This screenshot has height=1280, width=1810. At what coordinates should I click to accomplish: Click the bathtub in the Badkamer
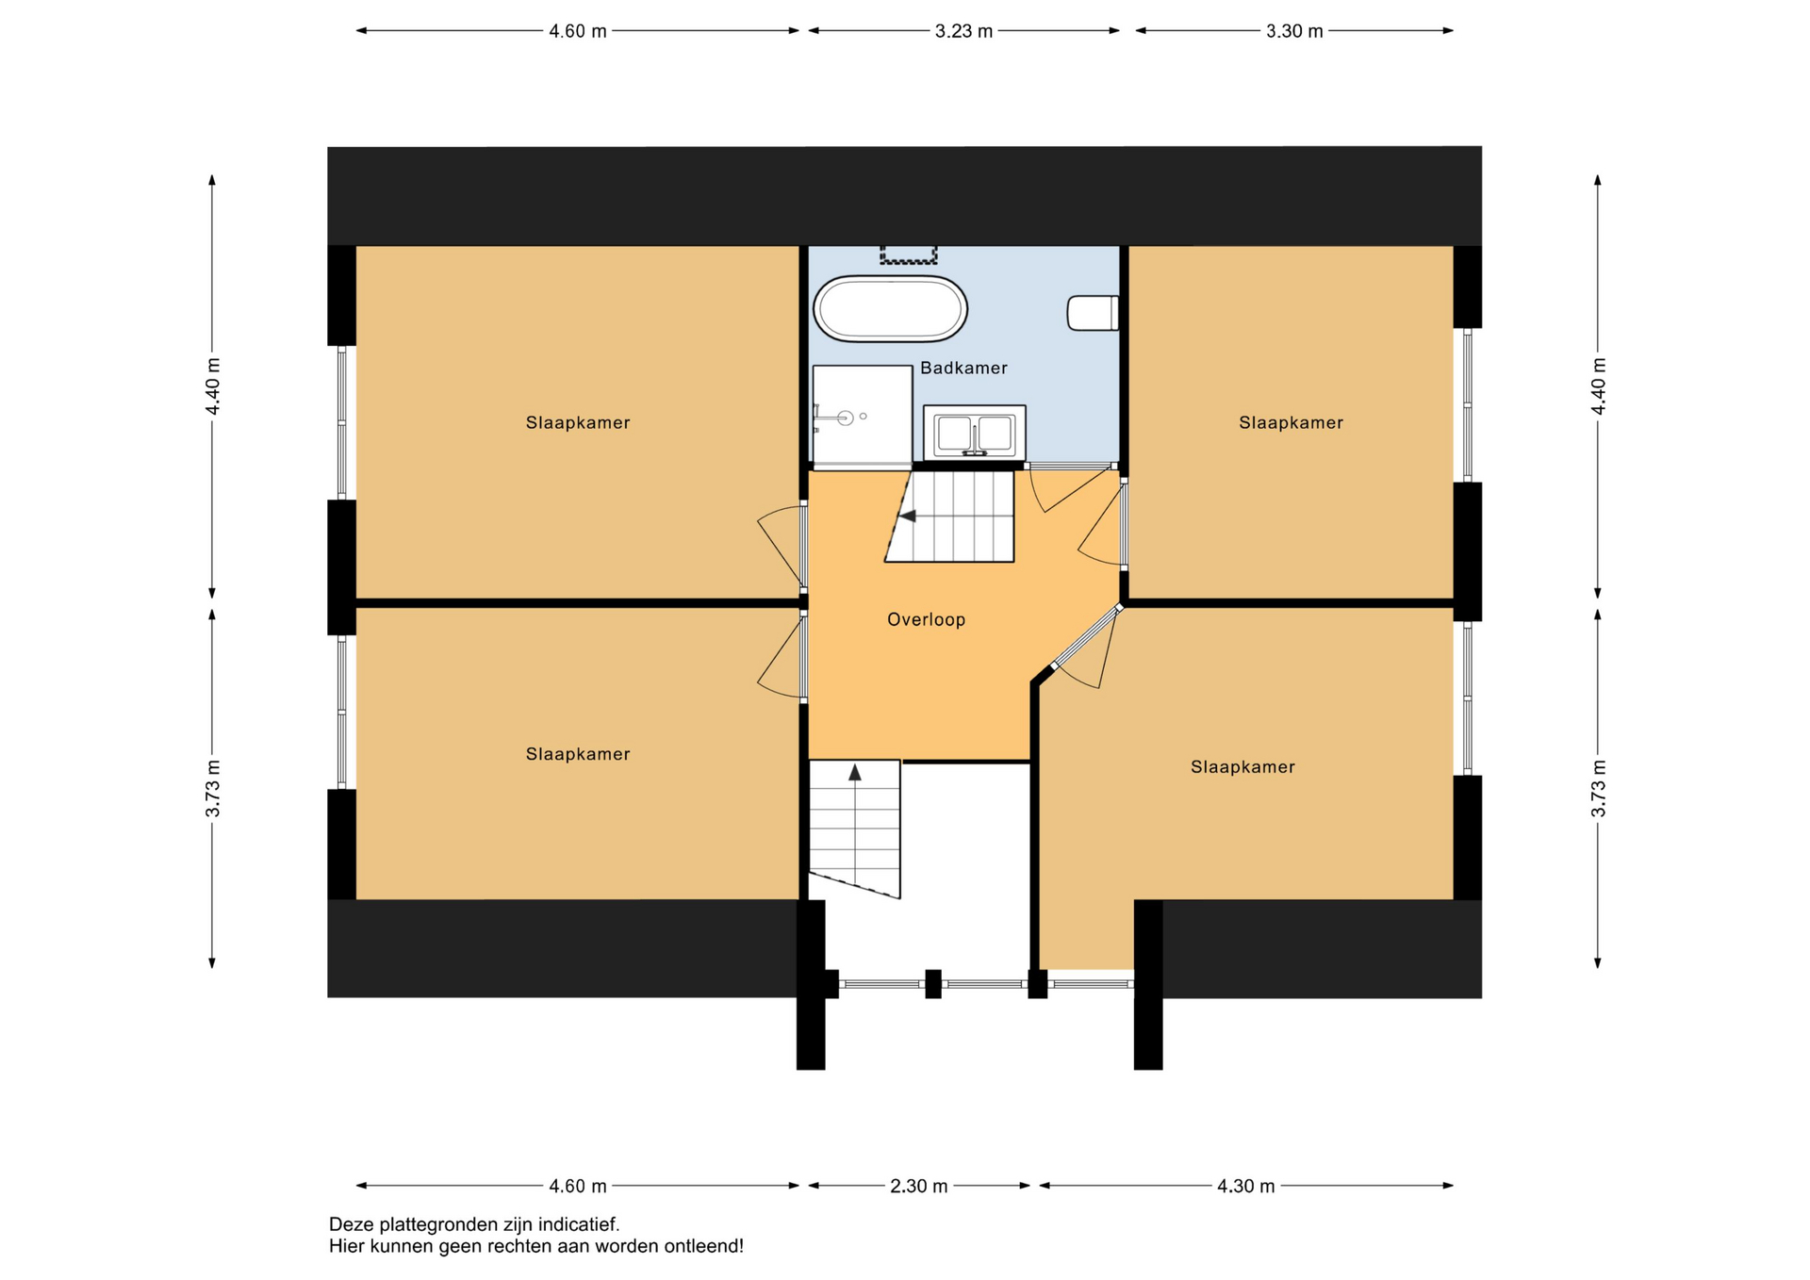pyautogui.click(x=890, y=308)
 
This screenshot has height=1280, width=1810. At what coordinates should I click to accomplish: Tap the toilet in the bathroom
pyautogui.click(x=1093, y=313)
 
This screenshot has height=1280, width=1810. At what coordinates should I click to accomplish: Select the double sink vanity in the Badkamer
pyautogui.click(x=974, y=433)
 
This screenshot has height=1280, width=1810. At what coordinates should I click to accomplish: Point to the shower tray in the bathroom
pyautogui.click(x=862, y=416)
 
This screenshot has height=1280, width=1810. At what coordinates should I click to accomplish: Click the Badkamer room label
pyautogui.click(x=963, y=369)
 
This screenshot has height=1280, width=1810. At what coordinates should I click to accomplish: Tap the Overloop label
pyautogui.click(x=926, y=620)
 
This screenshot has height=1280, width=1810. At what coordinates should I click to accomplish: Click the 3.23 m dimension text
pyautogui.click(x=963, y=31)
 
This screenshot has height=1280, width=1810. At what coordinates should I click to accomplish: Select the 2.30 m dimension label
pyautogui.click(x=918, y=1187)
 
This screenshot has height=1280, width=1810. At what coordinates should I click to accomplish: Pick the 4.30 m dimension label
pyautogui.click(x=1245, y=1187)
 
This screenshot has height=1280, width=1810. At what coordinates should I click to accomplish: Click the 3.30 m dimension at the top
pyautogui.click(x=1294, y=31)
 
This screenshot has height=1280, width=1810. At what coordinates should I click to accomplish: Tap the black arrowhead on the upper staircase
pyautogui.click(x=907, y=517)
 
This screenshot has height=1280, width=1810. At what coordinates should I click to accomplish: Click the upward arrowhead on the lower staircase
pyautogui.click(x=855, y=773)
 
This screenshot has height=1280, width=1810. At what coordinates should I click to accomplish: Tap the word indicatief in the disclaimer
pyautogui.click(x=582, y=1225)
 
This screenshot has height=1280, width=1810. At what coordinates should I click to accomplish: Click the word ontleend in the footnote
pyautogui.click(x=703, y=1247)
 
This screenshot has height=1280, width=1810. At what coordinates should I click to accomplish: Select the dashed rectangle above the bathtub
pyautogui.click(x=909, y=254)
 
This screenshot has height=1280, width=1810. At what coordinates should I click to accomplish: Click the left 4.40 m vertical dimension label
pyautogui.click(x=213, y=386)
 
